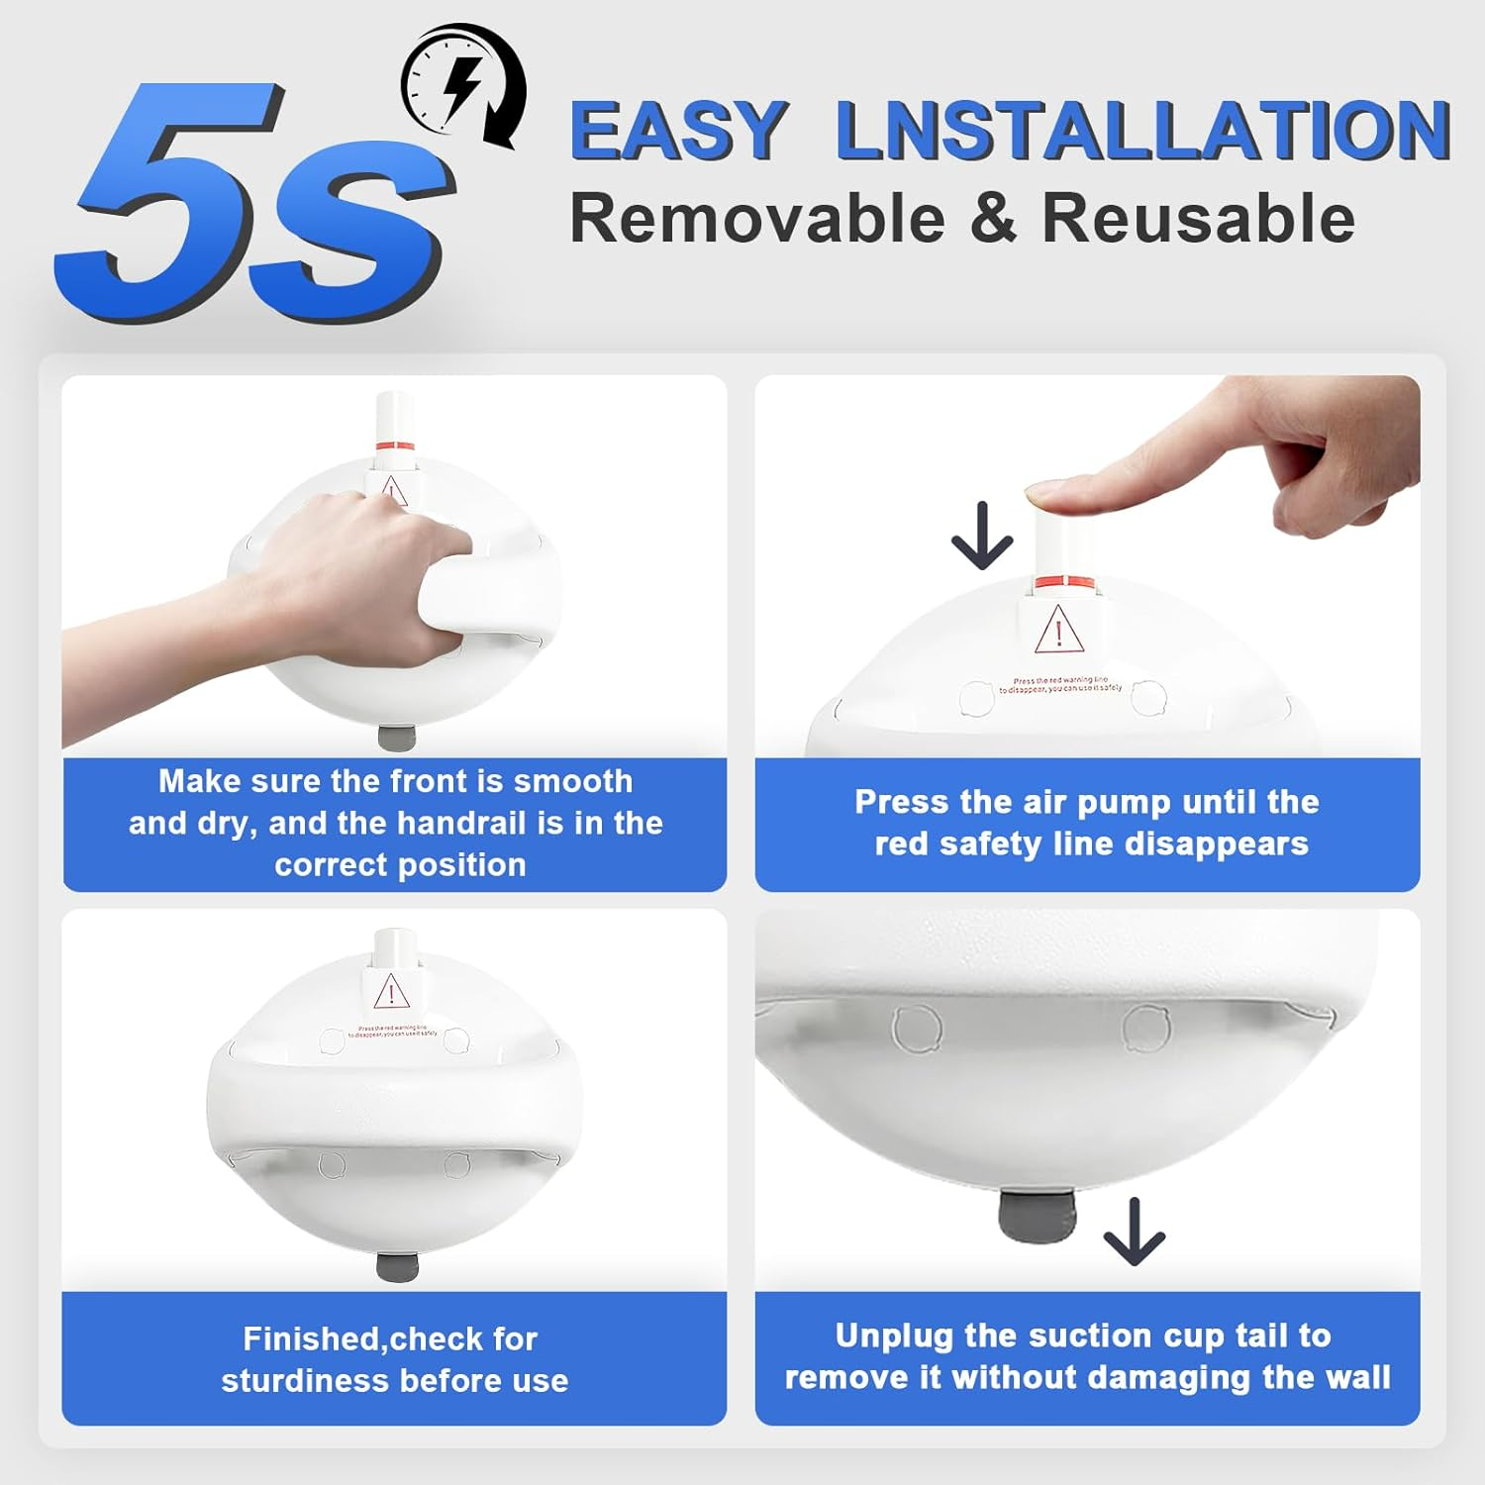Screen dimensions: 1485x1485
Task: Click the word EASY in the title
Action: click(x=679, y=131)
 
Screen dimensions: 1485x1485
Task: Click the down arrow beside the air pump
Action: click(x=981, y=536)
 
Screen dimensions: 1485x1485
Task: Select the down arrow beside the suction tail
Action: click(x=1134, y=1232)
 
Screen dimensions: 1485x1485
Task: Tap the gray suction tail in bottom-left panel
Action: click(x=397, y=1266)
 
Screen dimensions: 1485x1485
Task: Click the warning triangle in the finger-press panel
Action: click(x=1058, y=631)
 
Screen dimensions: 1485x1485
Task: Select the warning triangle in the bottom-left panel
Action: click(x=391, y=991)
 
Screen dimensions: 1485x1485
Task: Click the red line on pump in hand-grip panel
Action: click(x=393, y=444)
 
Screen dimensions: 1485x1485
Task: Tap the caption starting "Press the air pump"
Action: click(x=1087, y=823)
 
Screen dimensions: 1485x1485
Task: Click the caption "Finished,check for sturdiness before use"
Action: click(x=394, y=1359)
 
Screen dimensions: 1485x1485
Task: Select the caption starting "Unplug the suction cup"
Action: click(x=1087, y=1356)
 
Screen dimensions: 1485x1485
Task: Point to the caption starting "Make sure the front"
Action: click(x=395, y=823)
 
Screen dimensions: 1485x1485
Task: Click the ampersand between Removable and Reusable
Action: click(x=993, y=219)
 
